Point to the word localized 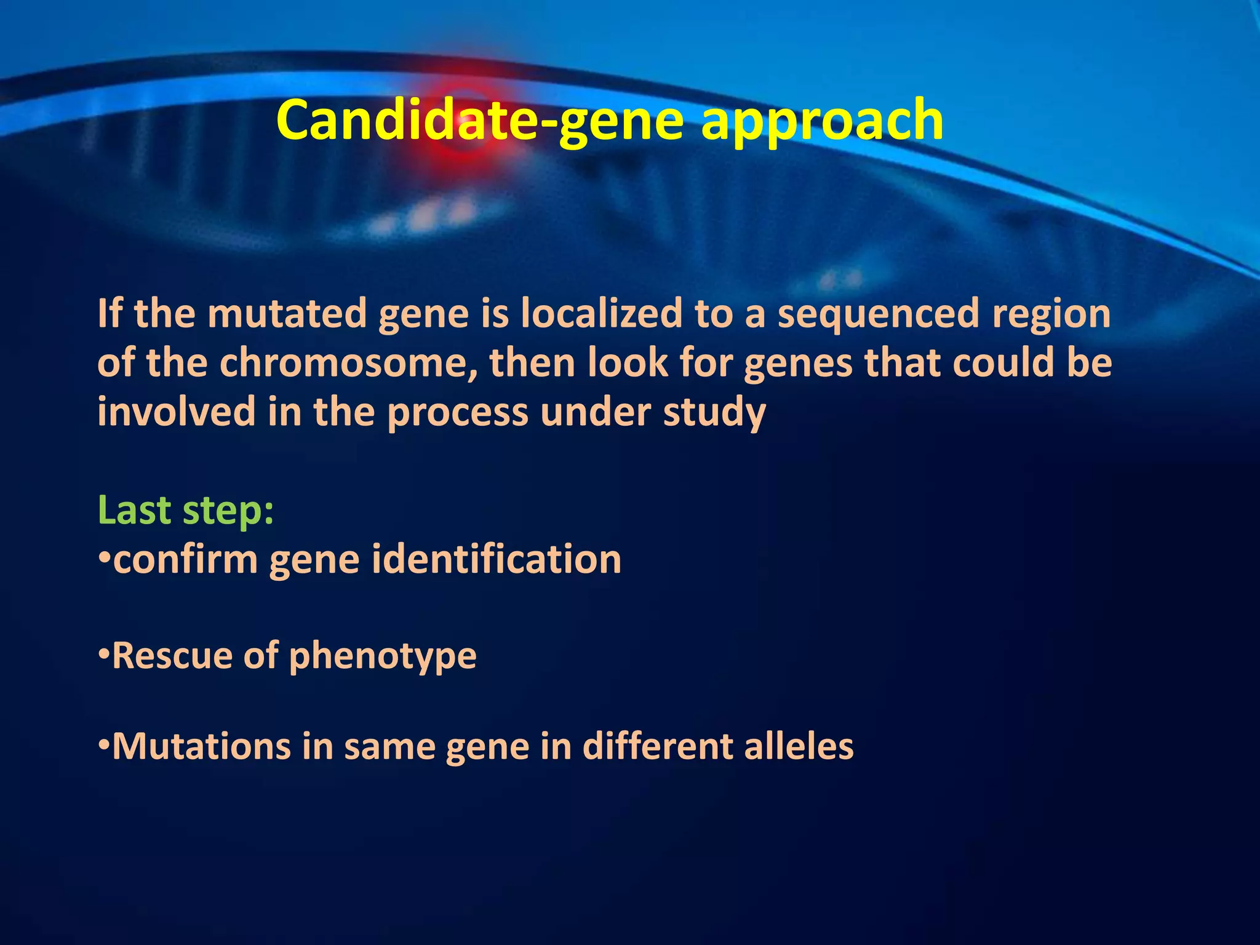pyautogui.click(x=601, y=313)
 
